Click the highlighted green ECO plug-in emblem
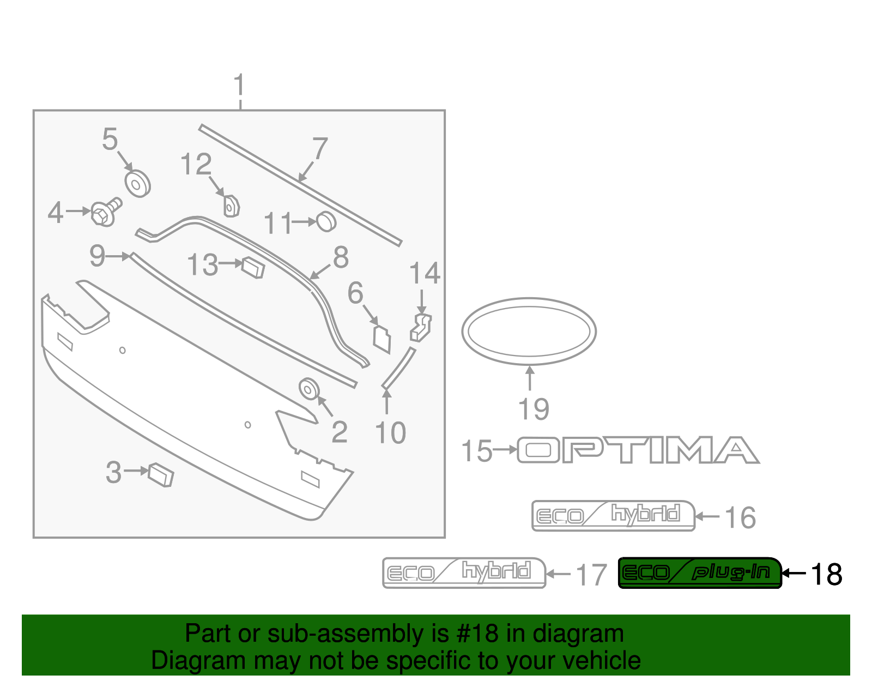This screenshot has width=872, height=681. point(700,572)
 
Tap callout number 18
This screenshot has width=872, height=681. point(827,574)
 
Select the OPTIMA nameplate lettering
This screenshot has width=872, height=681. point(638,450)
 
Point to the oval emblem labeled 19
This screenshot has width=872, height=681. point(529,331)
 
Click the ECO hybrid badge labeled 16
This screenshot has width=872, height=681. point(613,515)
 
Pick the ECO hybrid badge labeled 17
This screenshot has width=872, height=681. point(464,572)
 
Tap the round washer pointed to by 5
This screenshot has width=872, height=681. point(137,183)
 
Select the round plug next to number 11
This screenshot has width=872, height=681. point(326,221)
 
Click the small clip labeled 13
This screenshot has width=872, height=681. point(253,267)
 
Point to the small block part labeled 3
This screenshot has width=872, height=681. point(161,474)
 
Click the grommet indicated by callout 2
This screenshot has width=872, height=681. point(309,389)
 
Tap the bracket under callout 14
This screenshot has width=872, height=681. point(421,327)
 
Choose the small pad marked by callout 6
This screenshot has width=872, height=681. point(382,338)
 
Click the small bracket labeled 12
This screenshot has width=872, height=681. point(232,206)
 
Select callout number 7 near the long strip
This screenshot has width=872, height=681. point(320,149)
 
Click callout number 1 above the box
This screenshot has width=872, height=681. point(239,86)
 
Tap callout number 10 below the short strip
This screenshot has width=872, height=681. point(390,433)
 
